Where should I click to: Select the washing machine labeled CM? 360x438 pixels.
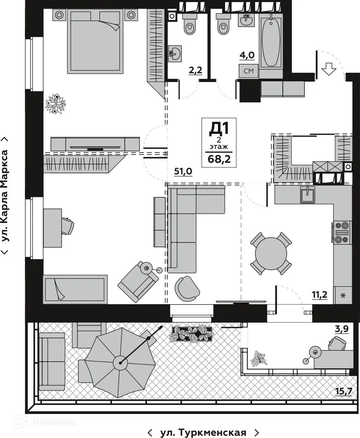(248, 71)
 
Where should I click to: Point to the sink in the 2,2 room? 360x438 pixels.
(175, 53)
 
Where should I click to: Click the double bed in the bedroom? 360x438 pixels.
(95, 41)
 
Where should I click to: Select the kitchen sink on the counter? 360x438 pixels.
(307, 194)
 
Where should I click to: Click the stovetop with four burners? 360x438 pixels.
(342, 232)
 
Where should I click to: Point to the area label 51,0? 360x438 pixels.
(183, 171)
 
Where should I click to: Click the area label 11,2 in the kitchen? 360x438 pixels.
(319, 295)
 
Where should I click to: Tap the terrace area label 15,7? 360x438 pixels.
(343, 391)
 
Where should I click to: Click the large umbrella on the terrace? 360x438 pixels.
(120, 362)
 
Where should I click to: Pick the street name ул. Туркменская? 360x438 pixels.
(203, 432)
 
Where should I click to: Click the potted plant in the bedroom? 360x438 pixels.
(56, 104)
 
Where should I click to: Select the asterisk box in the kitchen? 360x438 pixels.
(342, 295)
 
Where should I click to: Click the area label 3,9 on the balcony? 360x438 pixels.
(342, 329)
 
